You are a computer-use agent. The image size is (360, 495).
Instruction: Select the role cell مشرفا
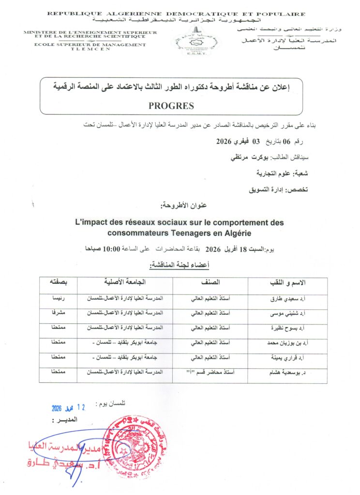click(x=58, y=313)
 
